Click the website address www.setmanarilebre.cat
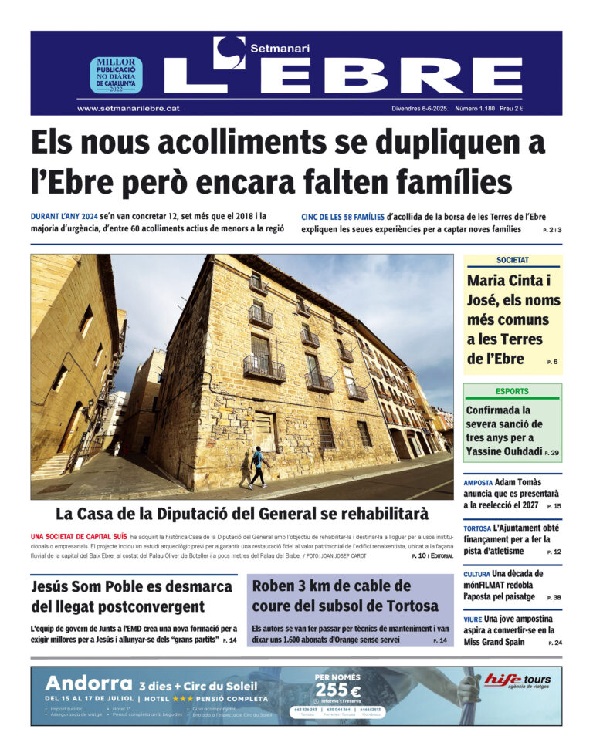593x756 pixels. (128, 109)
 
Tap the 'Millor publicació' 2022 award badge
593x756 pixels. (116, 75)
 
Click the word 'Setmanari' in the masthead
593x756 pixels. (280, 48)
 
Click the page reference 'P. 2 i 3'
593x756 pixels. (551, 231)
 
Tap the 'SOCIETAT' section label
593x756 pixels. (513, 261)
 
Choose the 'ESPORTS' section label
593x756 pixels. (513, 391)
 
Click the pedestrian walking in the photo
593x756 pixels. (256, 467)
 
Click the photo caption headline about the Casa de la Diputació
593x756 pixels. (242, 513)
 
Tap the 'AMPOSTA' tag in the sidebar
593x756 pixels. (478, 483)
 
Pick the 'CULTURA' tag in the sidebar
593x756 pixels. (476, 575)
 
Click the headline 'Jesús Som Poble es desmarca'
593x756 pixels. (131, 586)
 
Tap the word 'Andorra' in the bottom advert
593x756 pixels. (90, 683)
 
